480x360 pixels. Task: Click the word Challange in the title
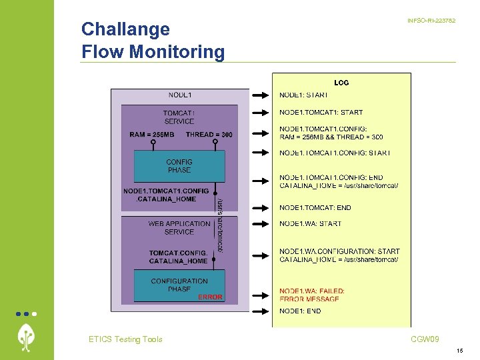(x=125, y=29)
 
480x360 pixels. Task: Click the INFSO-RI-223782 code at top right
(x=431, y=21)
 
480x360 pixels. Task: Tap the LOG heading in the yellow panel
(x=341, y=83)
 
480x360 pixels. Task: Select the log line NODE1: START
(x=303, y=95)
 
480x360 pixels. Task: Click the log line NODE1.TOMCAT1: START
(x=321, y=113)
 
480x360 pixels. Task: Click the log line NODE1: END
(x=300, y=311)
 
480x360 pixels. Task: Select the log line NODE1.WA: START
(x=310, y=224)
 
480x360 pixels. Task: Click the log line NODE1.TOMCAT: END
(x=315, y=208)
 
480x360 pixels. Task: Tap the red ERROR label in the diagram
(x=210, y=297)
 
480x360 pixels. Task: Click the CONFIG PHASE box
(x=179, y=166)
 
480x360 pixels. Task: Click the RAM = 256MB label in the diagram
(x=151, y=135)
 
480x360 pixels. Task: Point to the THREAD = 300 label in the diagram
(x=209, y=135)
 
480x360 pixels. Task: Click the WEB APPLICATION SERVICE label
(x=179, y=228)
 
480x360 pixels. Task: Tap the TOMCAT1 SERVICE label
(x=179, y=117)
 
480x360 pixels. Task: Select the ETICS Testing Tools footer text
(x=125, y=339)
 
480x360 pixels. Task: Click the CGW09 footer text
(x=425, y=339)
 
